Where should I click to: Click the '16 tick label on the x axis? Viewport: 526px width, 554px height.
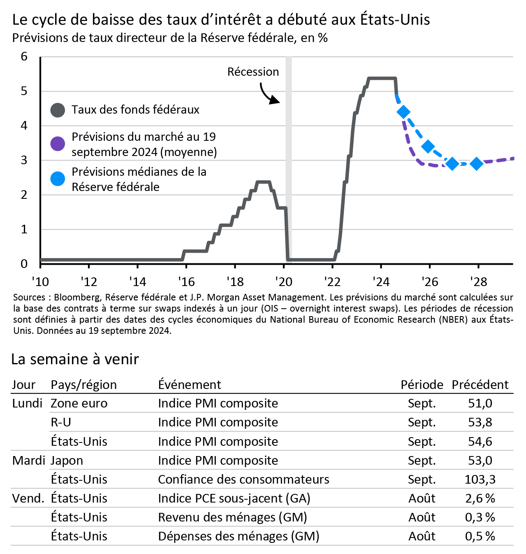click(x=186, y=282)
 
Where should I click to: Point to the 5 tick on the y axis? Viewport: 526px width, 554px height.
click(x=24, y=91)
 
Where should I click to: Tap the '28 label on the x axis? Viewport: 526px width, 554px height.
click(x=478, y=282)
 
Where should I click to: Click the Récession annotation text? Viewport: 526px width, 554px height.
click(x=253, y=72)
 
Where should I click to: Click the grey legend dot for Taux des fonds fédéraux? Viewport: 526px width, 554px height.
click(x=58, y=110)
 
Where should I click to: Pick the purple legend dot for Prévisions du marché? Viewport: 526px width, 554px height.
click(x=58, y=144)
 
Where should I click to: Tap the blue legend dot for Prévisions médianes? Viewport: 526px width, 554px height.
click(x=58, y=179)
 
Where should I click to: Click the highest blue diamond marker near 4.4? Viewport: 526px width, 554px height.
click(x=403, y=112)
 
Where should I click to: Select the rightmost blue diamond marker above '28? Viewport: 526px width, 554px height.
click(x=477, y=163)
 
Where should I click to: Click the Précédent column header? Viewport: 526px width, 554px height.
click(x=480, y=384)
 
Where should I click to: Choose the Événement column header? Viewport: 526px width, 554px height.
click(x=190, y=384)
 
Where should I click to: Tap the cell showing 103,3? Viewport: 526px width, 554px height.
click(x=480, y=479)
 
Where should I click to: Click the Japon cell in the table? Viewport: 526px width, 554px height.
click(x=67, y=460)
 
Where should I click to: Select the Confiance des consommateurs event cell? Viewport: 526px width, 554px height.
click(x=243, y=479)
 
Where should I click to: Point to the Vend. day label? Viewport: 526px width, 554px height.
click(x=28, y=498)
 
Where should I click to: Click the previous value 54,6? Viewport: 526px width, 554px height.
click(x=480, y=441)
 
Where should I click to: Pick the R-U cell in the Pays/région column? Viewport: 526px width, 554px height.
click(x=61, y=422)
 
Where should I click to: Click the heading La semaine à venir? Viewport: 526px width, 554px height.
click(x=75, y=359)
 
